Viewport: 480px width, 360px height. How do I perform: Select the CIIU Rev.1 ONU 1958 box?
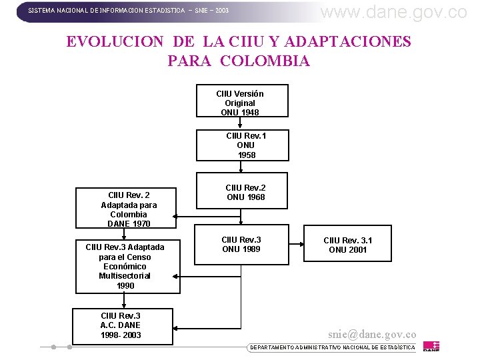coord(242,145)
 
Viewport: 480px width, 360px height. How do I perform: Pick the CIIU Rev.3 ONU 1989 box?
coord(242,245)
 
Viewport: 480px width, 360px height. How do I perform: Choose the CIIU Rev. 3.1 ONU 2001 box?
coord(347,245)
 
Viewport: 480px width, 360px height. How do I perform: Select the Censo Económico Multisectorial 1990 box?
coord(127,266)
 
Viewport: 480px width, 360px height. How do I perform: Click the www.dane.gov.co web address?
coord(394,11)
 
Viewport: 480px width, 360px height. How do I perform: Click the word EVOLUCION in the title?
coord(114,41)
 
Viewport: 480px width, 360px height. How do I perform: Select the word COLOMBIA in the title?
coord(265,61)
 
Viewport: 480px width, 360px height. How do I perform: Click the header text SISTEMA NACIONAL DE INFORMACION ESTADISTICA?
coord(107,11)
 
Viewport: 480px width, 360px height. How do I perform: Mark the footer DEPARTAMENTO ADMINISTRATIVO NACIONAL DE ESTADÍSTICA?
coord(332,347)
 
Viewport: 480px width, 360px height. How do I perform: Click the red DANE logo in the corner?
coord(432,346)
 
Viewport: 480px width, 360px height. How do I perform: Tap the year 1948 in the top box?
coord(250,113)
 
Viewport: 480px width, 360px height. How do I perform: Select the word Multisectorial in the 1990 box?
coord(125,276)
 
